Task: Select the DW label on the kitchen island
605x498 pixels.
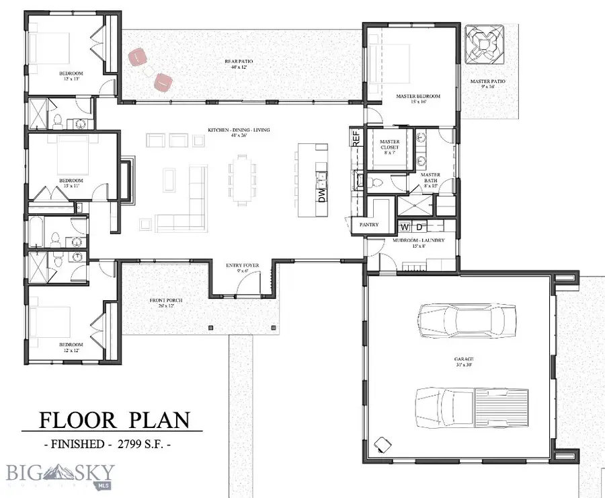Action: (321, 195)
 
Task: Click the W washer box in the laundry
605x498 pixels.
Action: (405, 226)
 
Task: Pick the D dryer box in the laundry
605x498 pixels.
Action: (417, 226)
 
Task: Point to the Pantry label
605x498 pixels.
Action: (368, 225)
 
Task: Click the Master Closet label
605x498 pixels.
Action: (389, 145)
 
